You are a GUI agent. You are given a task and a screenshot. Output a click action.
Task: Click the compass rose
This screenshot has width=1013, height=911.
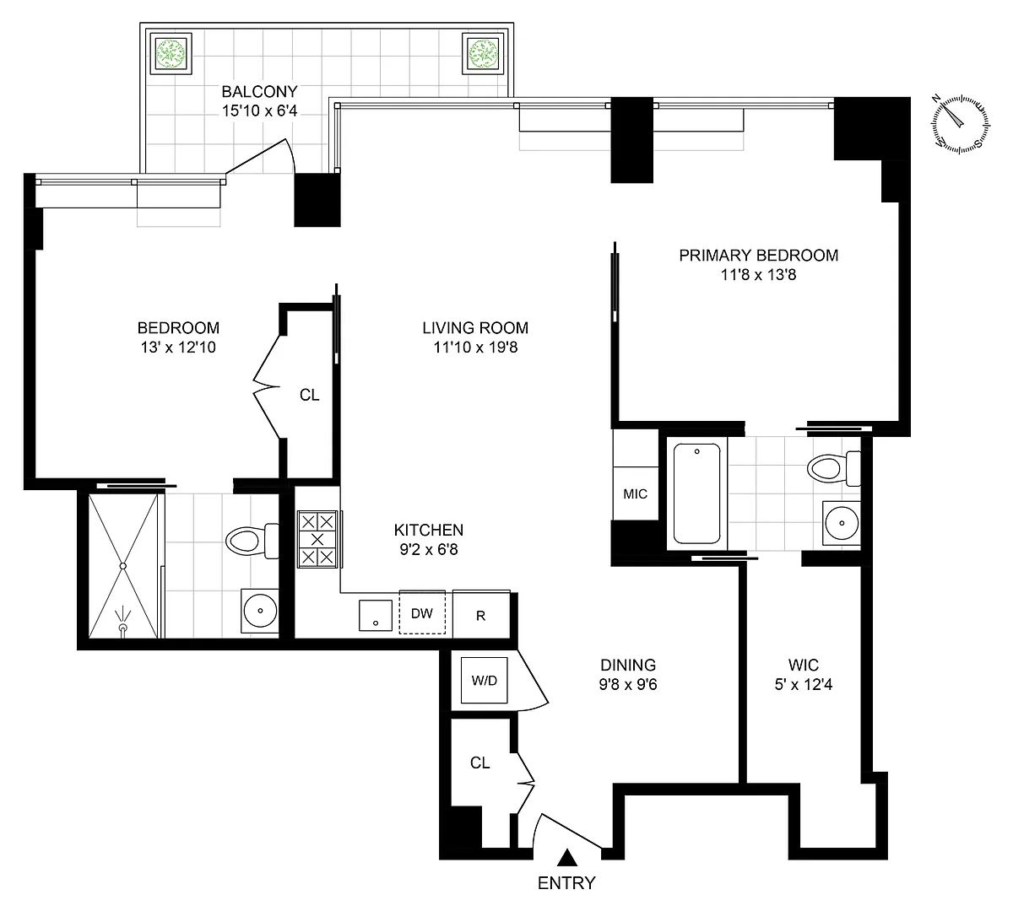click(961, 124)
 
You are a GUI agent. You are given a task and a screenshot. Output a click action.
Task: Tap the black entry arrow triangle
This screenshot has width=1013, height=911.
click(567, 858)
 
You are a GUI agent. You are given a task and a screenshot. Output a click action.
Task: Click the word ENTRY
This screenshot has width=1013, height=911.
click(566, 883)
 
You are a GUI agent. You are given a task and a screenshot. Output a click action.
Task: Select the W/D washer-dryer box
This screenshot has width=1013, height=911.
click(485, 681)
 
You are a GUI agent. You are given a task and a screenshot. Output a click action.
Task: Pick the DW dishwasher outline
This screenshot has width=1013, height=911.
click(422, 612)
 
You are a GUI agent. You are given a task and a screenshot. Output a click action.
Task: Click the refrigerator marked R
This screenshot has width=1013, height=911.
click(481, 614)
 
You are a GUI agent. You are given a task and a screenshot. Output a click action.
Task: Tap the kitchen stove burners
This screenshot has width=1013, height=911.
click(317, 539)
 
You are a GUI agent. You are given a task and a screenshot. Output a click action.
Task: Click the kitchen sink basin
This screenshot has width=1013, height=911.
click(376, 615)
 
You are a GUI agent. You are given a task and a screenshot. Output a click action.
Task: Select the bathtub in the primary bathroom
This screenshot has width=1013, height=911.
click(697, 493)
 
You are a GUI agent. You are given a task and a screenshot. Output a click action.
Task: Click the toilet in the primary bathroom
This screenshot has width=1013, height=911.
click(833, 468)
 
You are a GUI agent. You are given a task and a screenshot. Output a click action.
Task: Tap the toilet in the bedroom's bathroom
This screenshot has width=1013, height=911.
click(252, 541)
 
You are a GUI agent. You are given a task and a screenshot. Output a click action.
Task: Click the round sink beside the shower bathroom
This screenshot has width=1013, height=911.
click(260, 611)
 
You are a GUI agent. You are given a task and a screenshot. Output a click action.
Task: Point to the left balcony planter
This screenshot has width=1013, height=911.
click(171, 53)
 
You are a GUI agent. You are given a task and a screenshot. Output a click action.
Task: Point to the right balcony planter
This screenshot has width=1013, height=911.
click(483, 53)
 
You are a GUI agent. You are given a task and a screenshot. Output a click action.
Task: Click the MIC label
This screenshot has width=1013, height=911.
click(636, 493)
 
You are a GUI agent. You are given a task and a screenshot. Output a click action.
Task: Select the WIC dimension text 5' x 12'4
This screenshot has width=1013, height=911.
click(804, 684)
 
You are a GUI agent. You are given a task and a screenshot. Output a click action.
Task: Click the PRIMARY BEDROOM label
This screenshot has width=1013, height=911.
click(759, 256)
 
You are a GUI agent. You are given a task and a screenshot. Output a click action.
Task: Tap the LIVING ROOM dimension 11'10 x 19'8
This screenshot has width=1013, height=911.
click(476, 348)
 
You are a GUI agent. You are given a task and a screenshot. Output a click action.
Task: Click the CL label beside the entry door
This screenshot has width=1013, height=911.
click(479, 763)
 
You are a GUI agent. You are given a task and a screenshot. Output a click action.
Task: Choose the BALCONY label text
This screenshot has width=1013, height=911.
click(259, 91)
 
